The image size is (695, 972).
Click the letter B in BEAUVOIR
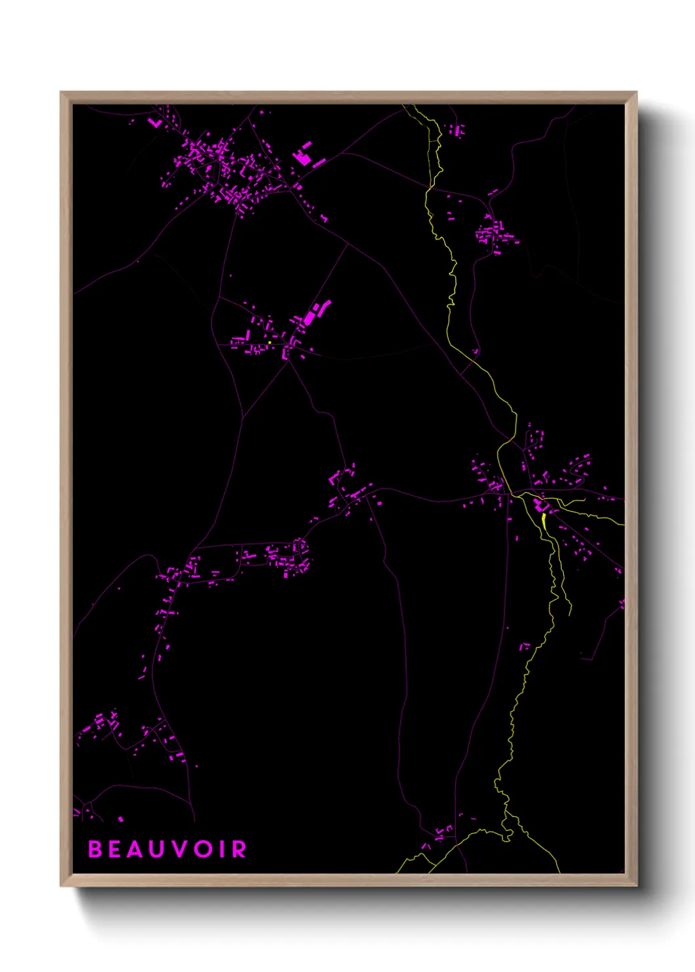[96, 849]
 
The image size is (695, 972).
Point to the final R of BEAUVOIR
[239, 849]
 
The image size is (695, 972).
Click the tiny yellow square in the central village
[269, 342]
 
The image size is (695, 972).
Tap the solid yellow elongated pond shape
[544, 521]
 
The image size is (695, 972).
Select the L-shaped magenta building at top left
[155, 122]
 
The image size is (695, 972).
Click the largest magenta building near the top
[303, 158]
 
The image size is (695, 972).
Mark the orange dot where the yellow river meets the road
[429, 188]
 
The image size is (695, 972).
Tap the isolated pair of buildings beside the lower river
[524, 646]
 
